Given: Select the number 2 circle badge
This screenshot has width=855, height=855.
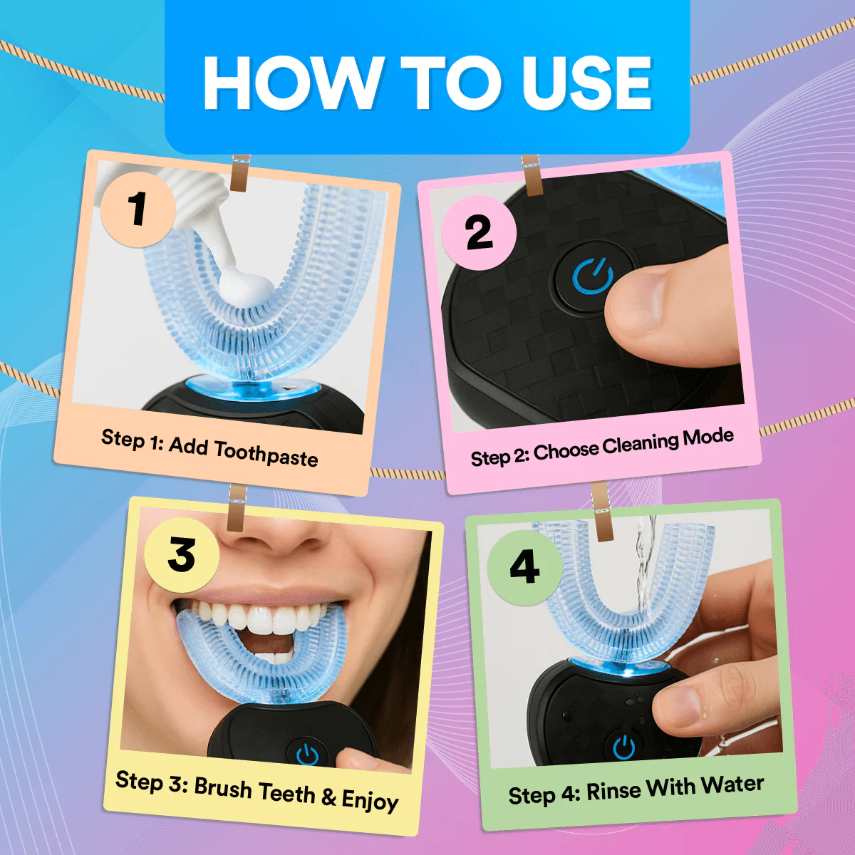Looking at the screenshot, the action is [479, 233].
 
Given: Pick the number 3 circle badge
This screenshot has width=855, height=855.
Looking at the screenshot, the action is [181, 555].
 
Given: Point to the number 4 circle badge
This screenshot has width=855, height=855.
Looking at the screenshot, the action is [524, 567].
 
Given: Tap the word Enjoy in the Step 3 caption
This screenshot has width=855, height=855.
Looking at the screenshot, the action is [370, 801].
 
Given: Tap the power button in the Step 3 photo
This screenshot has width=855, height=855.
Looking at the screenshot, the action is [307, 753].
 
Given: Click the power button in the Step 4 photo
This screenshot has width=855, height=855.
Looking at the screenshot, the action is [624, 748].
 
